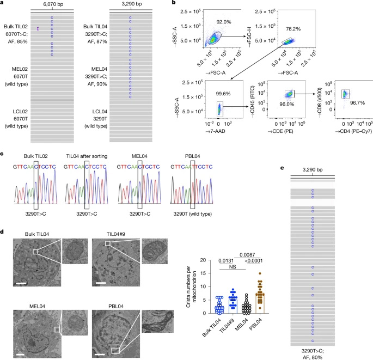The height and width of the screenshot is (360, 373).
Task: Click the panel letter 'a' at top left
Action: [x=3, y=4]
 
